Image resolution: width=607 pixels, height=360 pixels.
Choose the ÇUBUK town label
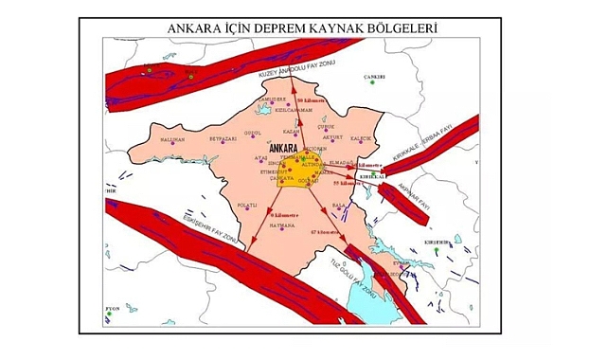coord(326,125)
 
